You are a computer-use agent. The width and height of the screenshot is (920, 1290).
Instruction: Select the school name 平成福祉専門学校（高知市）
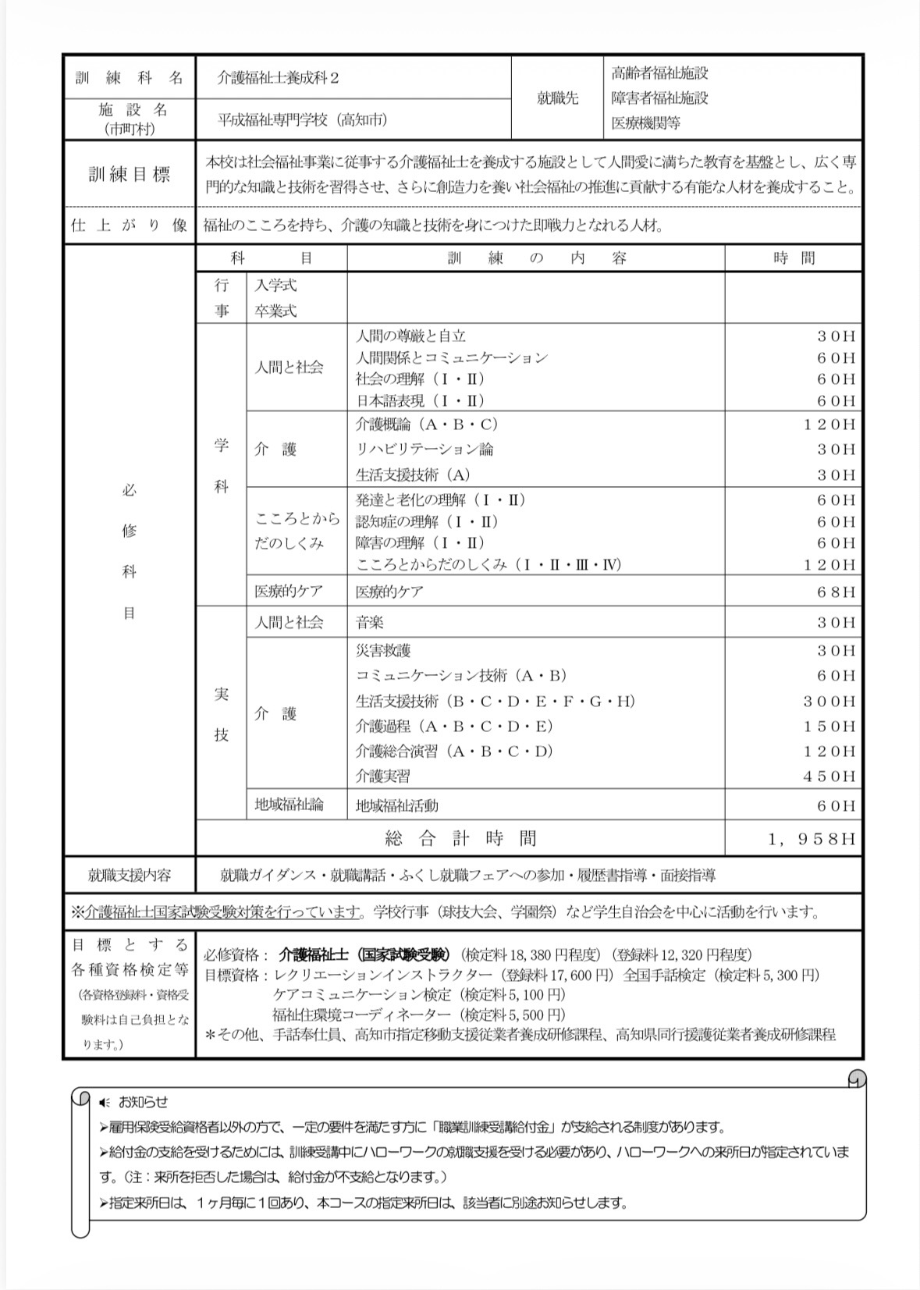[302, 119]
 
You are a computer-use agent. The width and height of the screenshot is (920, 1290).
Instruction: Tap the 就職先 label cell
[557, 98]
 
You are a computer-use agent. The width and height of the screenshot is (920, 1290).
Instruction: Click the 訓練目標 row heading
[129, 174]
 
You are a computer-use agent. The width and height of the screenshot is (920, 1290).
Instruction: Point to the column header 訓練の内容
[536, 258]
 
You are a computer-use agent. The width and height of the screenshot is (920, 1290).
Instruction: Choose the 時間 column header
[794, 258]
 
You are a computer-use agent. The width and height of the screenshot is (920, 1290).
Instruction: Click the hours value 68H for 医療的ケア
[836, 592]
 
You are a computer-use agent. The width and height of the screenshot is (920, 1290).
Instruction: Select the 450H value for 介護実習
[829, 776]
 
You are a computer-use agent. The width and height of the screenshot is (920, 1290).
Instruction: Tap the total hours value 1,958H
[812, 839]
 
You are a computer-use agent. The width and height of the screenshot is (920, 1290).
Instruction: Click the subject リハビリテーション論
[424, 450]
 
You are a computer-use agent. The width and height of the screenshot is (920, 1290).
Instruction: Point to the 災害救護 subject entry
[382, 651]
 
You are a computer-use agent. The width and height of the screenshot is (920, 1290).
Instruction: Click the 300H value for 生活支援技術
[829, 702]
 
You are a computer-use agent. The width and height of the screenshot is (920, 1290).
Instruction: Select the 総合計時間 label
[460, 839]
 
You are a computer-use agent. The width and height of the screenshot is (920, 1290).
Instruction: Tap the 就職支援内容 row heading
[129, 876]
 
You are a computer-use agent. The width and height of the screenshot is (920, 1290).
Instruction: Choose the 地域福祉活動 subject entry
[396, 805]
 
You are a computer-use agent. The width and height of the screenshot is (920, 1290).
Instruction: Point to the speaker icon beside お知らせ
[105, 1103]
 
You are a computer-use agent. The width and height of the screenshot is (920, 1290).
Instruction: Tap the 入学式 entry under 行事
[275, 286]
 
